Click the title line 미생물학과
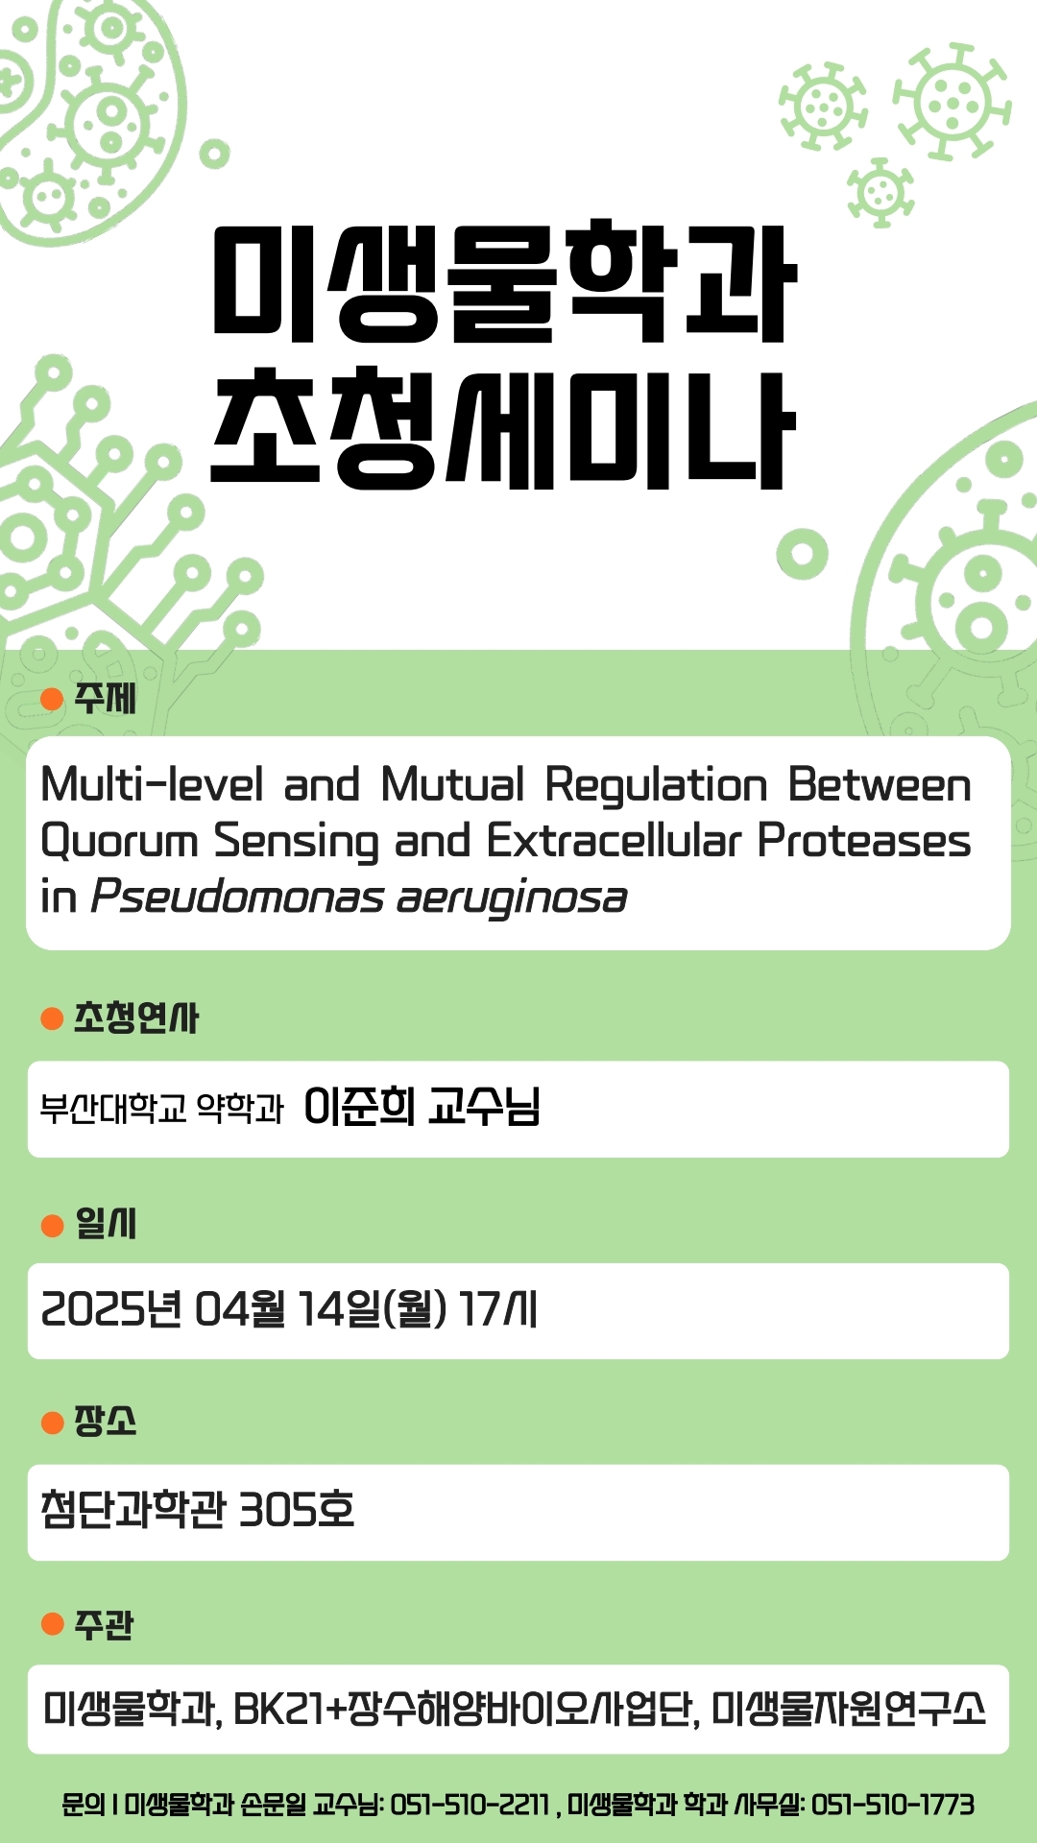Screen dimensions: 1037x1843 504,282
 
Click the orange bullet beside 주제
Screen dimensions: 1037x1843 52,699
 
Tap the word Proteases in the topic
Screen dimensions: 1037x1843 864,841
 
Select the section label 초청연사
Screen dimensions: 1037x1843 136,1017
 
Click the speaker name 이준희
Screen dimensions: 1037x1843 359,1107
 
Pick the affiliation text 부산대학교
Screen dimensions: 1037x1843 113,1109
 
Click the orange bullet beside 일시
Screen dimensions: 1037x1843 52,1225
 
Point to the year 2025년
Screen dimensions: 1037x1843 111,1308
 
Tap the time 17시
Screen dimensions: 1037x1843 497,1308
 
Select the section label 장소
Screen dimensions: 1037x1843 106,1421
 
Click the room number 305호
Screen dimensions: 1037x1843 297,1509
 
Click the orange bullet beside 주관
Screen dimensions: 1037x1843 52,1623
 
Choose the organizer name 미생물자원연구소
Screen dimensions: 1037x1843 849,1710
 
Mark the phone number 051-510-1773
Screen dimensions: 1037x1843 893,1806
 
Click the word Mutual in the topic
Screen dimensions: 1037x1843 453,784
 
